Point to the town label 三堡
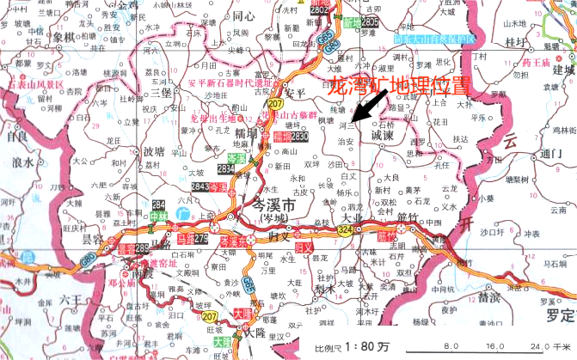click(161, 91)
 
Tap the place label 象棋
click(64, 37)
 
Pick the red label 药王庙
click(536, 62)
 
